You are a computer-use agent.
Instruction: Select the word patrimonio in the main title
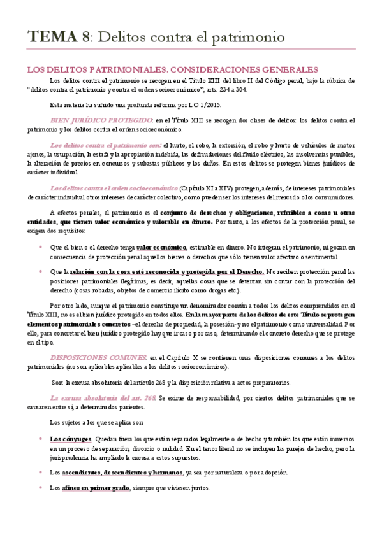click(245, 38)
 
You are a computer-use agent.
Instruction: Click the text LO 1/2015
click(201, 105)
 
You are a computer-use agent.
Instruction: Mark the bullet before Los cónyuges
click(40, 439)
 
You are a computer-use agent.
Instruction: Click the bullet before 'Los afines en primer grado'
click(40, 488)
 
